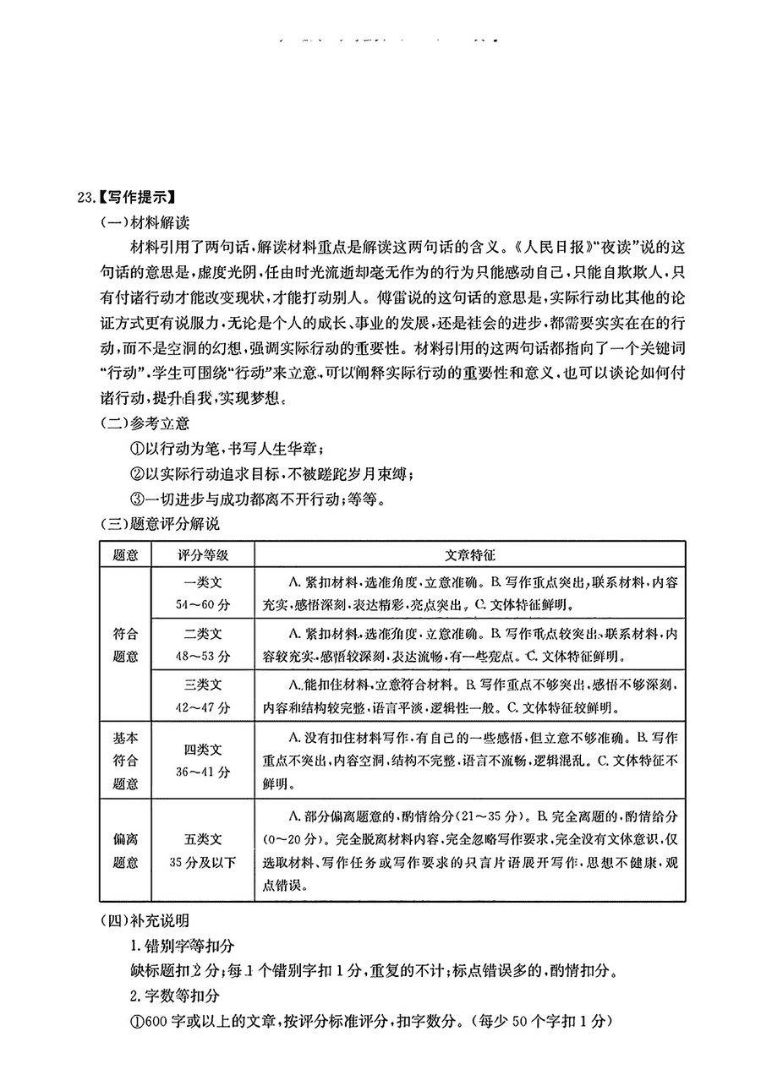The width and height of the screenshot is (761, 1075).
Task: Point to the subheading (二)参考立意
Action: (145, 424)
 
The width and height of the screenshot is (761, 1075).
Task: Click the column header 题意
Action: (125, 554)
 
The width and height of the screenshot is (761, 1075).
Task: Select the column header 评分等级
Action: (203, 554)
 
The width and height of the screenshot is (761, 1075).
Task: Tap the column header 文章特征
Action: (469, 554)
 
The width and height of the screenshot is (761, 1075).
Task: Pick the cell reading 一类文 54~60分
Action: (203, 593)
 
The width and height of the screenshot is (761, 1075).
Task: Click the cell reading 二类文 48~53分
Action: (203, 645)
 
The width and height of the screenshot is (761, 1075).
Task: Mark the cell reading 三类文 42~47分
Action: (203, 696)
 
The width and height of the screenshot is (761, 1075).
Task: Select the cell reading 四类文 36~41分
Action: (203, 760)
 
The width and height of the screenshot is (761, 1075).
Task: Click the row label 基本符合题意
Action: (125, 760)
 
